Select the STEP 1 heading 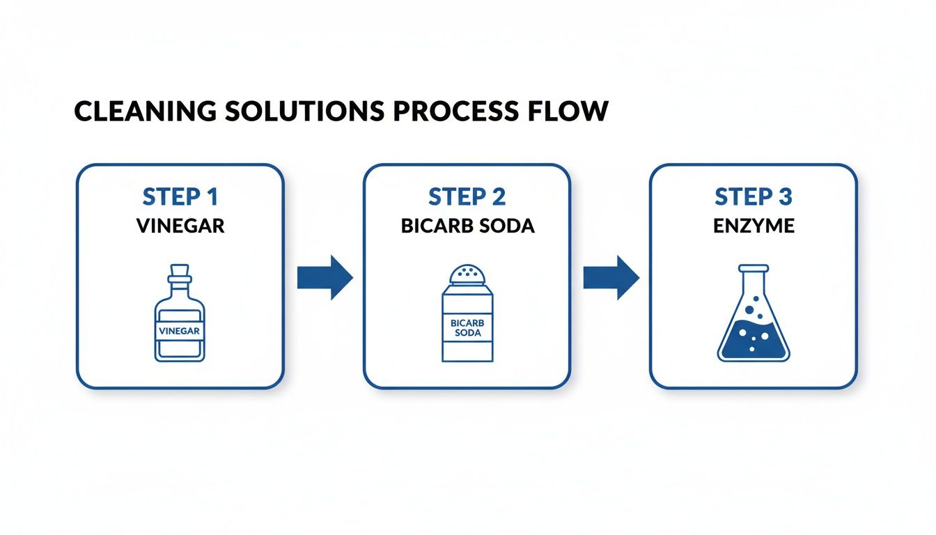click(x=180, y=197)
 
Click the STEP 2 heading click(x=467, y=197)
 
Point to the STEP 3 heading click(x=754, y=197)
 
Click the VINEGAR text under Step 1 click(x=180, y=227)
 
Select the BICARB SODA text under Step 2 click(x=467, y=227)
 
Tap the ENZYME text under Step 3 click(x=754, y=227)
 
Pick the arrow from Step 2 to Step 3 click(x=611, y=277)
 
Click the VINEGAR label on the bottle click(x=180, y=332)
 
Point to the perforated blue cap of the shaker click(x=467, y=276)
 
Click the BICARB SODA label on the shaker click(x=467, y=328)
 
